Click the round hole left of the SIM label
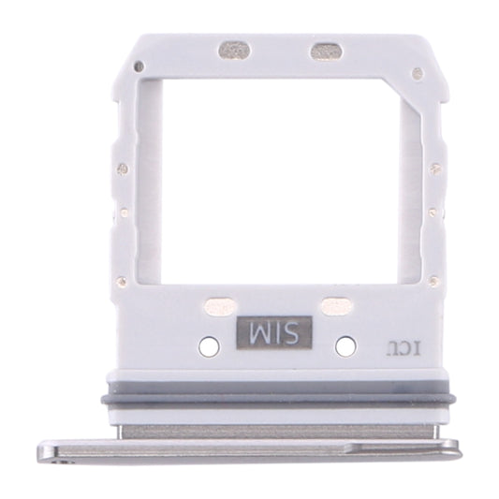pos(211,346)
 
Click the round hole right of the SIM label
pos(345,346)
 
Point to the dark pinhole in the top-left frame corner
pos(139,66)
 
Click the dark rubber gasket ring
pos(276,399)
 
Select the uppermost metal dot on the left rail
pos(123,169)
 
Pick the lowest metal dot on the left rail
pos(121,280)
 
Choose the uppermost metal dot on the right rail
pos(434,169)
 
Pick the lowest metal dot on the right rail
pos(436,280)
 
